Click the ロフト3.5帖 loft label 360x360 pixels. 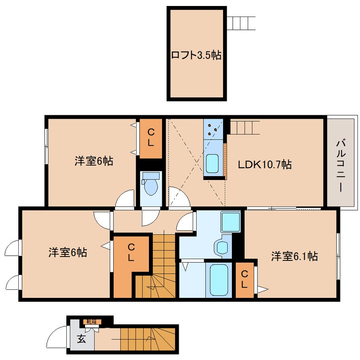coord(196,55)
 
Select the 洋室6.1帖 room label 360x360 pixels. coord(294,256)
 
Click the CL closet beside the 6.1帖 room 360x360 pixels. coord(244,279)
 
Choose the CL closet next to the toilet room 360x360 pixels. coord(151,138)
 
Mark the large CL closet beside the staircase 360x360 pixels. coord(131,252)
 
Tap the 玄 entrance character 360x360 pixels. coord(81,339)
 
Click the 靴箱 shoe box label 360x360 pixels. coord(91,321)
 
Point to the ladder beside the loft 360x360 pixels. coord(241,23)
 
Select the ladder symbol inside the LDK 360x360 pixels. coord(245,127)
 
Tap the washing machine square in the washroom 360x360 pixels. coord(231,221)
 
